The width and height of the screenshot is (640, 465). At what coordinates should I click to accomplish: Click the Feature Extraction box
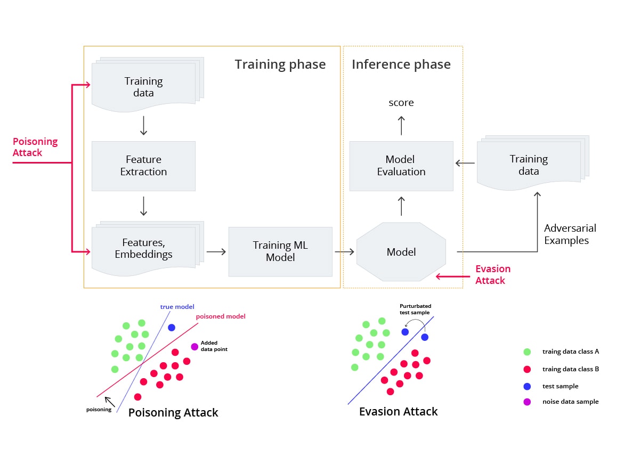pyautogui.click(x=143, y=166)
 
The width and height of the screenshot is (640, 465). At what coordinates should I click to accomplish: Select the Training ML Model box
pyautogui.click(x=280, y=251)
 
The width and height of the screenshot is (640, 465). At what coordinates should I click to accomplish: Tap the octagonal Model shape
pyautogui.click(x=401, y=252)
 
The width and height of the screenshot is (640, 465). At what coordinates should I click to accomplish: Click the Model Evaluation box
pyautogui.click(x=401, y=166)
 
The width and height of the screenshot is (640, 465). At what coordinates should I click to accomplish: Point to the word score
pyautogui.click(x=401, y=103)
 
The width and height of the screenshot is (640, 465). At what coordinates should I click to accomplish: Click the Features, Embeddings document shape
pyautogui.click(x=143, y=248)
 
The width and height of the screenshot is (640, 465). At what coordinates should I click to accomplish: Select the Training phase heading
pyautogui.click(x=280, y=64)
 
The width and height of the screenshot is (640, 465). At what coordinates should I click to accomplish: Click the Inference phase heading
pyautogui.click(x=401, y=64)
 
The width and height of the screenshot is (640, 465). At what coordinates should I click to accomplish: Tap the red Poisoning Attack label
pyautogui.click(x=35, y=147)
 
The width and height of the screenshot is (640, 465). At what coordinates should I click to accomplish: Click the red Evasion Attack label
pyautogui.click(x=492, y=274)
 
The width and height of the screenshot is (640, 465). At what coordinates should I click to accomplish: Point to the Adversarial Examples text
pyautogui.click(x=570, y=234)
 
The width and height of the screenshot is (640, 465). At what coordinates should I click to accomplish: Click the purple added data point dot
pyautogui.click(x=194, y=347)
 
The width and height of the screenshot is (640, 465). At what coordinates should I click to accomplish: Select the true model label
pyautogui.click(x=177, y=307)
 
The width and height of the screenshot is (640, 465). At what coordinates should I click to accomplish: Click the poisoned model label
pyautogui.click(x=221, y=316)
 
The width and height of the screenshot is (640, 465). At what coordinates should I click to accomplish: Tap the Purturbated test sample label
pyautogui.click(x=415, y=309)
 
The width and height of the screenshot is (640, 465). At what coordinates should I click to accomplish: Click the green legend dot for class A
pyautogui.click(x=527, y=352)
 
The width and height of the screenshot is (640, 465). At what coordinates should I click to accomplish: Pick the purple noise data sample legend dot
pyautogui.click(x=527, y=402)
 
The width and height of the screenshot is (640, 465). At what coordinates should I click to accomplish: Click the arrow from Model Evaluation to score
pyautogui.click(x=401, y=126)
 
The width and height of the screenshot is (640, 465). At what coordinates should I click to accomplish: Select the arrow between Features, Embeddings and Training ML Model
pyautogui.click(x=216, y=251)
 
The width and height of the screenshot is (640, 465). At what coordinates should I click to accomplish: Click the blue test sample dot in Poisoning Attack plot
pyautogui.click(x=171, y=328)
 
